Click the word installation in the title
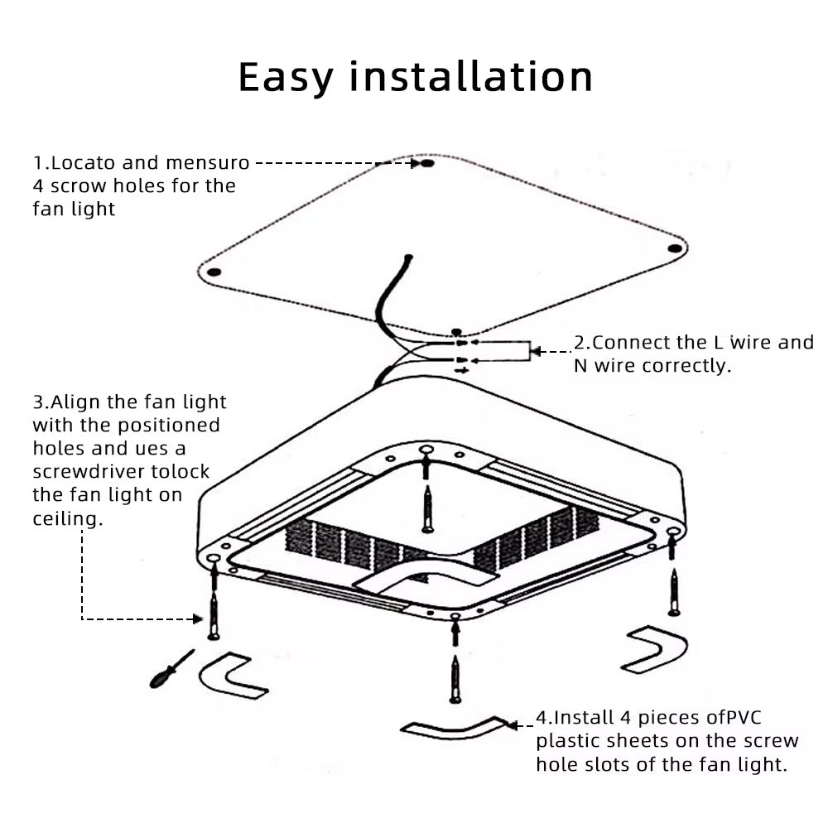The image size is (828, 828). tap(471, 76)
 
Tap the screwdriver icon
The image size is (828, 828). tap(171, 669)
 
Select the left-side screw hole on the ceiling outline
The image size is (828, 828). tap(214, 272)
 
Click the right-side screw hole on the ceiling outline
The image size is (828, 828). tap(675, 248)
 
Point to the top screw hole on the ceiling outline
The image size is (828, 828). tap(427, 163)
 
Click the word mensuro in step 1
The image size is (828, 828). tap(208, 162)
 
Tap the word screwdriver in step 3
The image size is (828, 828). tap(89, 471)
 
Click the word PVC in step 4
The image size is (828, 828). tap(744, 717)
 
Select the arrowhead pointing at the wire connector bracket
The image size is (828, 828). tap(536, 351)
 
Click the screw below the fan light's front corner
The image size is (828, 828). tap(455, 679)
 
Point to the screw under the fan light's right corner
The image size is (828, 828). tap(674, 592)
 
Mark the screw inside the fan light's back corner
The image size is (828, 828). tap(427, 509)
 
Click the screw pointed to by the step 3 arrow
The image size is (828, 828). tap(214, 615)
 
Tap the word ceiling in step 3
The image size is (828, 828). tap(68, 518)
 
